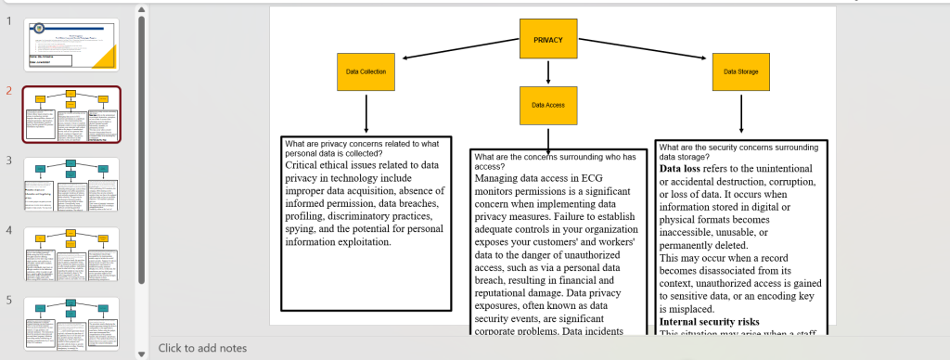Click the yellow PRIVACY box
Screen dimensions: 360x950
(x=548, y=39)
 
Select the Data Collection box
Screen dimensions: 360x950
(x=366, y=71)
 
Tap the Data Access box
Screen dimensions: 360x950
(x=548, y=105)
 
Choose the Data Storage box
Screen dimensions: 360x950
(x=740, y=71)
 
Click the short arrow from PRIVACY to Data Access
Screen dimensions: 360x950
(x=548, y=71)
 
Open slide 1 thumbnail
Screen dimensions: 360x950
(x=71, y=45)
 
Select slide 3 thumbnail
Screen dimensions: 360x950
(x=71, y=184)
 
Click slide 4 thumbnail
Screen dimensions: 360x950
(x=71, y=253)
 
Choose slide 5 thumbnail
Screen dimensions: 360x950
(x=71, y=323)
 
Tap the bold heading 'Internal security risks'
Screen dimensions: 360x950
(x=714, y=321)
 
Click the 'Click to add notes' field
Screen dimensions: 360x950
(x=202, y=348)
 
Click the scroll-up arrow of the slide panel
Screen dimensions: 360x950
(x=141, y=10)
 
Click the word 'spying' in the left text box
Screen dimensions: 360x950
(x=304, y=228)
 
